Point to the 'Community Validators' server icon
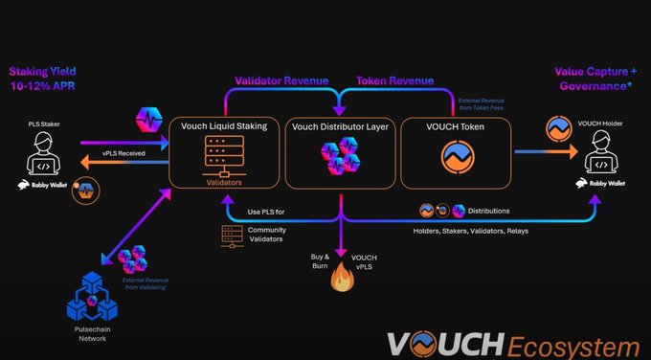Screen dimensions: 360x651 [x=232, y=236]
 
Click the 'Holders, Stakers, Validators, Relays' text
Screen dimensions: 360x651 [x=468, y=232]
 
